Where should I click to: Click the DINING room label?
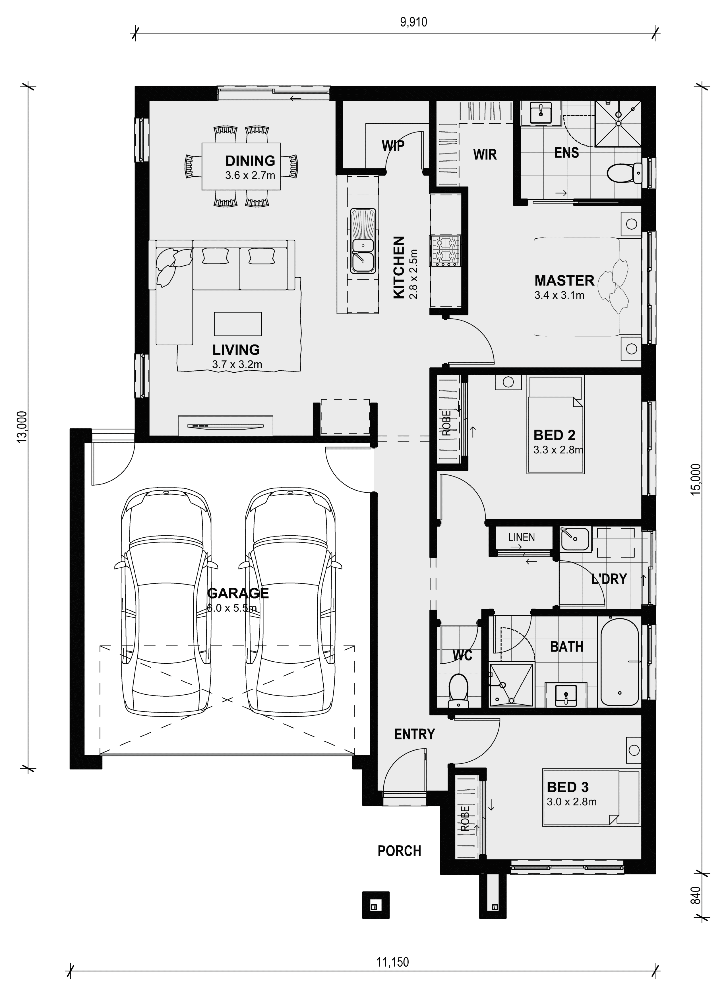click(x=250, y=160)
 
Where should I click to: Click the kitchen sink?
click(x=363, y=241)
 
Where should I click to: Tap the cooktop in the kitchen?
click(x=445, y=251)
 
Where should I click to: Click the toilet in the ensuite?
click(x=624, y=172)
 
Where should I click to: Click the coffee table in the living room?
click(x=238, y=324)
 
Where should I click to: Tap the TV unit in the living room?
click(x=226, y=426)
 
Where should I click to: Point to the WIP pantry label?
click(x=393, y=145)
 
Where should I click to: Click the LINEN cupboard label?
click(x=522, y=537)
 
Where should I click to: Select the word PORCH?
click(x=399, y=851)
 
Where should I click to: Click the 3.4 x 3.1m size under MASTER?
click(x=559, y=295)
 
